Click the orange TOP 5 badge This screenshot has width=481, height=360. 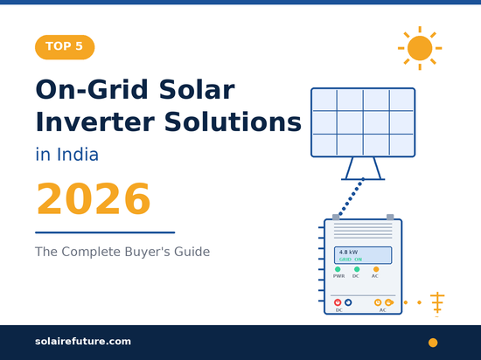click(x=64, y=47)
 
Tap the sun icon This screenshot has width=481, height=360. click(x=420, y=47)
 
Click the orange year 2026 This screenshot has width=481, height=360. click(x=93, y=199)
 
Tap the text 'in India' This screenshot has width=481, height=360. click(x=66, y=156)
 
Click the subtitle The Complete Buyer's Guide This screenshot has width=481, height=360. click(x=122, y=252)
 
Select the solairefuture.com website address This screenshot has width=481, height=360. click(x=83, y=341)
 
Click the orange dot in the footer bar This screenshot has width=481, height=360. click(x=432, y=342)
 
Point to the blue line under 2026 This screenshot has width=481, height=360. click(x=105, y=232)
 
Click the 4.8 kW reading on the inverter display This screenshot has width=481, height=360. click(x=349, y=253)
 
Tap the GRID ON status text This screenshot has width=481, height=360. click(x=351, y=260)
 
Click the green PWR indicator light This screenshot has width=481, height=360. click(x=338, y=269)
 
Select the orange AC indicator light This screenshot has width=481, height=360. click(x=376, y=269)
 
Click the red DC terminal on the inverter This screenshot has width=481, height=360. click(x=338, y=302)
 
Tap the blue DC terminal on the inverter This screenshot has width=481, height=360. click(x=348, y=302)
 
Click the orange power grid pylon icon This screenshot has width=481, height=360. click(x=437, y=303)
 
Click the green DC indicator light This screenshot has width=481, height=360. click(x=357, y=269)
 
